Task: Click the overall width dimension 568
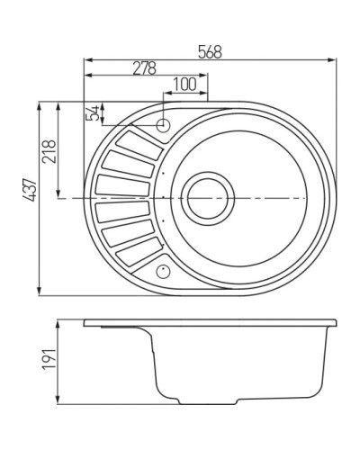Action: point(211,52)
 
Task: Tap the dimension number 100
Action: point(184,85)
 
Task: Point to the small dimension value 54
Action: point(90,112)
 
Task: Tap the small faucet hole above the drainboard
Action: point(164,125)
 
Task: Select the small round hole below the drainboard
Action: point(163,268)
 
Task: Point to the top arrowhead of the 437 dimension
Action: point(40,104)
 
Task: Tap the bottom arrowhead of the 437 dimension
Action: point(40,290)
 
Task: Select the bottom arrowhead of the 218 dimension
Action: point(59,193)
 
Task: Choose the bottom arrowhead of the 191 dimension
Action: point(59,400)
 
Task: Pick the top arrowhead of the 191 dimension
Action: point(59,319)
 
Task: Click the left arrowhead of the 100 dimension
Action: point(166,93)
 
